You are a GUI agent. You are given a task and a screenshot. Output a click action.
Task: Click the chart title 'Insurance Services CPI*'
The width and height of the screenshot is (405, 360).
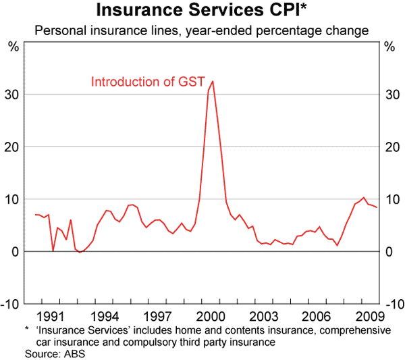click(202, 11)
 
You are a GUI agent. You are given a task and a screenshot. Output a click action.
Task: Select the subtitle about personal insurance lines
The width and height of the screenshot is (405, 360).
click(202, 30)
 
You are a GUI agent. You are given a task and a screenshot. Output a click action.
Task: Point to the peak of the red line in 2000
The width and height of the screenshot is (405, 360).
click(213, 81)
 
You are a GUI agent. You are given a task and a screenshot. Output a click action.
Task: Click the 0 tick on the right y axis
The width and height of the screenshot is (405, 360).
click(390, 251)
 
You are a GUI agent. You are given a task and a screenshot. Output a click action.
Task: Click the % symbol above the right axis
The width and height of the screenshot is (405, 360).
click(389, 47)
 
